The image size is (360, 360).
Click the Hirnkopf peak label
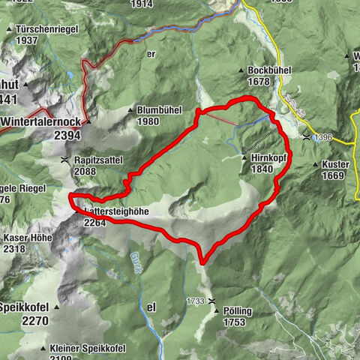[x=270, y=158]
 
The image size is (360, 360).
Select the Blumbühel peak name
[x=160, y=109]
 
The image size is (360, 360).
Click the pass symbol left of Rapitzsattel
[x=65, y=160]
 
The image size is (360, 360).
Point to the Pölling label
[x=237, y=310]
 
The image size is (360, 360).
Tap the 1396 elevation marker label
[x=322, y=137]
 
